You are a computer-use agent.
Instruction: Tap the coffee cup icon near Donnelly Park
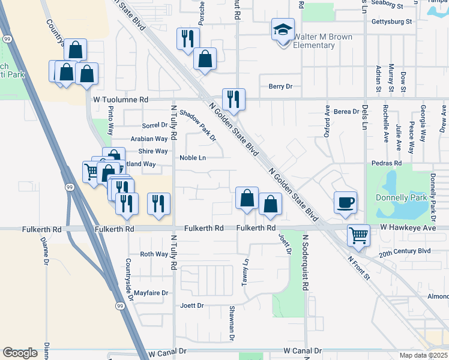tap(345, 202)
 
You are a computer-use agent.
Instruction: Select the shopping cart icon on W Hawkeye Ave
tap(358, 235)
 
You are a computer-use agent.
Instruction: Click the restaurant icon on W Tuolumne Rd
tap(233, 98)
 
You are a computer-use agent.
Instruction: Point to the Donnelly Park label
tap(400, 197)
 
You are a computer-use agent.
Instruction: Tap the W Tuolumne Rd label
tap(120, 100)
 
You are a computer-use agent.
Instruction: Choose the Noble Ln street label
tap(193, 158)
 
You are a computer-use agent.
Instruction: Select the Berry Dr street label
tap(280, 86)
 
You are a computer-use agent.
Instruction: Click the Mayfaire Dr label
tap(151, 293)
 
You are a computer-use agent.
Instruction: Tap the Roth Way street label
tap(154, 254)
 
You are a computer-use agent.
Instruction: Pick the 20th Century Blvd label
tap(405, 251)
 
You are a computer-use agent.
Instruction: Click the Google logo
tap(20, 353)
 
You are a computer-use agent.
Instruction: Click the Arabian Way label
tap(149, 139)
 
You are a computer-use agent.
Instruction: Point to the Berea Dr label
tap(346, 112)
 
